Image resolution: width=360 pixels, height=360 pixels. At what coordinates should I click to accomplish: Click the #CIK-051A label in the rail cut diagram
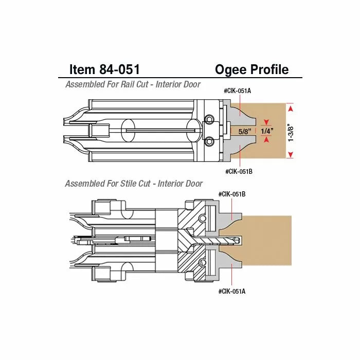[237, 91]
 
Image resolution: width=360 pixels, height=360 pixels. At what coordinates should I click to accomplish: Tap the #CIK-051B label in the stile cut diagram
[231, 194]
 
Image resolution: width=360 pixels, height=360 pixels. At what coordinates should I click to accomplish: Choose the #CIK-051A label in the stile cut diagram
[231, 291]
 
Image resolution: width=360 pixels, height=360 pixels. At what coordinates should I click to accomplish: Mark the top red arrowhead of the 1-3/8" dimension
[291, 109]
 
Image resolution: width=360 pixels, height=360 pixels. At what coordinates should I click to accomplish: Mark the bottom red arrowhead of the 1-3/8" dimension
[291, 154]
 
